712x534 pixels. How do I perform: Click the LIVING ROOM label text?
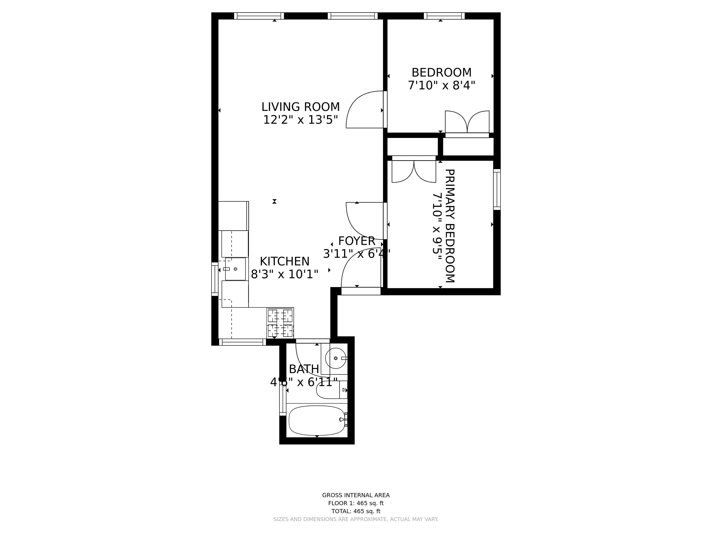click(x=300, y=107)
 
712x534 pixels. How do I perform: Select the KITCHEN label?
click(x=285, y=261)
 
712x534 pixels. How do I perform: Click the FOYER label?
click(x=357, y=241)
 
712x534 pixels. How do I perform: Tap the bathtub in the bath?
click(x=317, y=420)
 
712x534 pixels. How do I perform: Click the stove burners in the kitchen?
click(x=280, y=323)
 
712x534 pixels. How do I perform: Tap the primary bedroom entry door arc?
click(x=363, y=220)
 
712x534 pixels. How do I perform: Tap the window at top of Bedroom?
click(x=444, y=16)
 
